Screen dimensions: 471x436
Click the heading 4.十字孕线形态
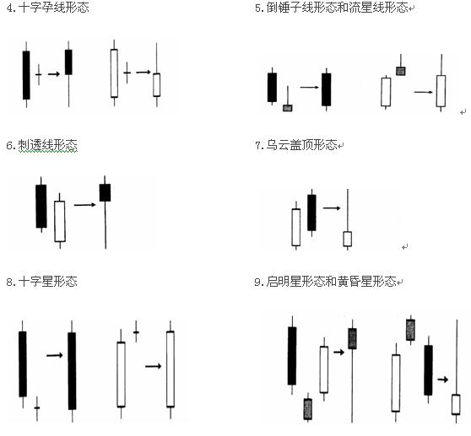coord(47,8)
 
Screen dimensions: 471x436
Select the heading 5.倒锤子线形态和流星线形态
coord(332,8)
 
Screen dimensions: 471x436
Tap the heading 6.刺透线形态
coord(41,146)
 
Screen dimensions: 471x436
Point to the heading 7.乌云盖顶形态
coord(296,145)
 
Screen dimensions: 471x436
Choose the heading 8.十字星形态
coord(41,282)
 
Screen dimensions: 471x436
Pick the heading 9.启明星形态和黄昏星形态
coord(325,282)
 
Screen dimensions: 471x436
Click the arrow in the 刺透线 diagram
coord(85,205)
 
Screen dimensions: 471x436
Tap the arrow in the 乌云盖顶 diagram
coord(332,207)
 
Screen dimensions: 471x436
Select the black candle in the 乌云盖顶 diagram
coord(311,213)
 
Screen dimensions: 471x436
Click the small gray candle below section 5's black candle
coord(288,108)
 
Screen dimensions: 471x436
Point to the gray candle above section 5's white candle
coord(401,71)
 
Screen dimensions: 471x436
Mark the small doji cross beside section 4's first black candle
coord(39,74)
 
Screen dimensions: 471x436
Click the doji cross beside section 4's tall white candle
coord(127,73)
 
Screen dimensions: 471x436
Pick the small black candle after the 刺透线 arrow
coord(105,192)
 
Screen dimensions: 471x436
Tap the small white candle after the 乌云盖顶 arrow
coord(348,239)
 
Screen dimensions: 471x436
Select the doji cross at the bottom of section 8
coord(37,408)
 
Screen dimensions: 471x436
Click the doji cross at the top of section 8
coord(136,332)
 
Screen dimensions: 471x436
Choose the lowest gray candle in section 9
coord(308,409)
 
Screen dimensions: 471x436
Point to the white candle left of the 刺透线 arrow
coord(60,221)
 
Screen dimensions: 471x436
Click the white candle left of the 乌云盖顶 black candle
coord(296,227)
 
